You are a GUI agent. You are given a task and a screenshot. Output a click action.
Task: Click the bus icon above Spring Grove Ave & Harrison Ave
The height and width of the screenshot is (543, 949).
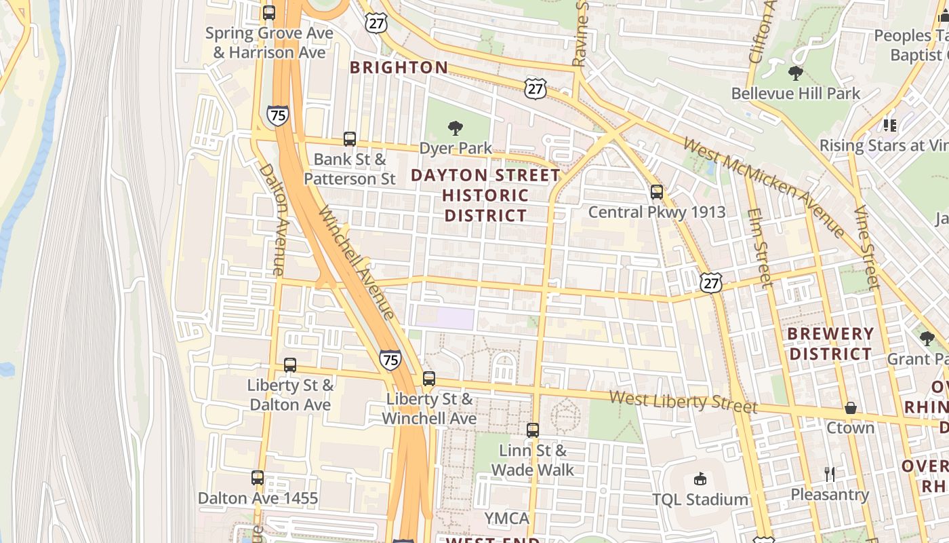(269, 13)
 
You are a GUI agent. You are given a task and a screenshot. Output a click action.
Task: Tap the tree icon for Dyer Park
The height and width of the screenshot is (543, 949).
(456, 128)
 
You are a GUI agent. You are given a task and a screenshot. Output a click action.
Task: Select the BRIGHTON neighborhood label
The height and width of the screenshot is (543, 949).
(399, 67)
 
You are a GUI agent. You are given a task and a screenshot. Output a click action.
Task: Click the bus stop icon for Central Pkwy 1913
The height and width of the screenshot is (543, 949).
(656, 192)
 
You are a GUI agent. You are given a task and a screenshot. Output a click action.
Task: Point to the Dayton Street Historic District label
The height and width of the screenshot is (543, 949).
(485, 195)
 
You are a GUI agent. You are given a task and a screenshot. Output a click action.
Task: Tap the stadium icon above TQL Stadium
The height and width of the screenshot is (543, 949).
(700, 479)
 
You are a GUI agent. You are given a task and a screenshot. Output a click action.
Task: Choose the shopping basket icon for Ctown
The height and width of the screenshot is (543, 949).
(850, 408)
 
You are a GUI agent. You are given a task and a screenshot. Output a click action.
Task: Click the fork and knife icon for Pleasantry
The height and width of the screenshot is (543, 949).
(830, 474)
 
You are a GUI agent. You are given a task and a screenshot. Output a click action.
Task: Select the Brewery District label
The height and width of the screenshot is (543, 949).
(830, 343)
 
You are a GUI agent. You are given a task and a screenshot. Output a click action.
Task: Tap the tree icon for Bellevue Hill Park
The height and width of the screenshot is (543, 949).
(795, 73)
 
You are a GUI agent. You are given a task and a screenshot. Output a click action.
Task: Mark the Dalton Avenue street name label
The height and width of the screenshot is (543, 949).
(274, 219)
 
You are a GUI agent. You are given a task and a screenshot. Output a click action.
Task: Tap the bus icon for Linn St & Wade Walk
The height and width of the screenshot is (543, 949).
(533, 430)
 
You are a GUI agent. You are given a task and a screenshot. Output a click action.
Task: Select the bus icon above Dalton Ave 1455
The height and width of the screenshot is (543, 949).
(258, 478)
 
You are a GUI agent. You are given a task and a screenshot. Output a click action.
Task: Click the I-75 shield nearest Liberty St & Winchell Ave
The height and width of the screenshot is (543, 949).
(390, 359)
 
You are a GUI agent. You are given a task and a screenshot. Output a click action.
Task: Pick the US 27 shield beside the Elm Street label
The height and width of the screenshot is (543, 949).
(712, 282)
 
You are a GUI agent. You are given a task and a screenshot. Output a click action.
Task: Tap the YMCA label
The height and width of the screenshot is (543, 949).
(506, 519)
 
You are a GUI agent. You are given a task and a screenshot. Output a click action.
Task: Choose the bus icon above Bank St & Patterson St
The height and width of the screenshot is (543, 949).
(350, 139)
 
